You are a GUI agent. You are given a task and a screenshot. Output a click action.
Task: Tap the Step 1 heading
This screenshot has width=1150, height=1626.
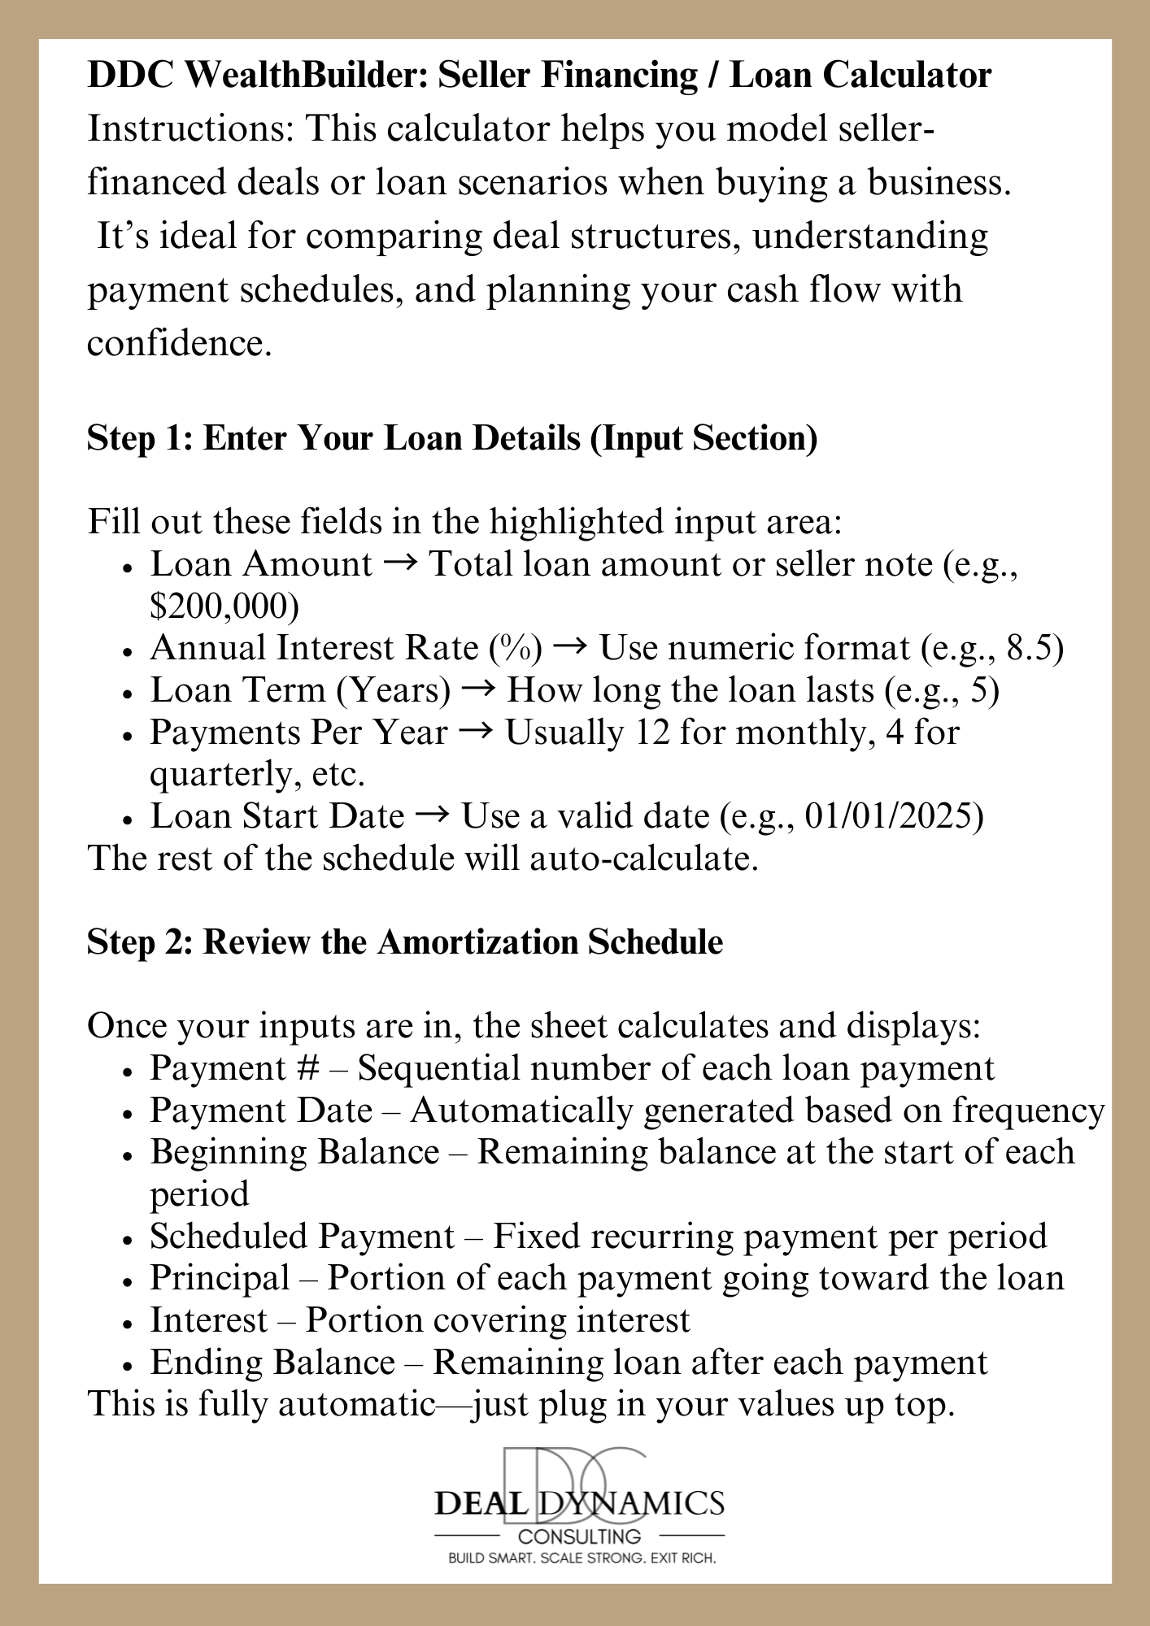coord(452,437)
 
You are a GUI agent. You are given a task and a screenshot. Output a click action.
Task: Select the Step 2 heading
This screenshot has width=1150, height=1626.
coord(404,941)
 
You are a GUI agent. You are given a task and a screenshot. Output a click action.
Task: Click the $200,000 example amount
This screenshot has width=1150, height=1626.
coord(224,606)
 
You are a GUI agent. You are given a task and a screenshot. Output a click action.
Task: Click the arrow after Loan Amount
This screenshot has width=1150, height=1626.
coord(400,563)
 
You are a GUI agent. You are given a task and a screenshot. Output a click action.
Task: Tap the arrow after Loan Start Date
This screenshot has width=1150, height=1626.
coord(432,816)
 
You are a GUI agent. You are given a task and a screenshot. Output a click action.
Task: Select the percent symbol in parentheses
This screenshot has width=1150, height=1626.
coord(515,648)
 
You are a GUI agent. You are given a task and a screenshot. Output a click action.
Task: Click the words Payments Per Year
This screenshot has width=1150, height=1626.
coord(298,732)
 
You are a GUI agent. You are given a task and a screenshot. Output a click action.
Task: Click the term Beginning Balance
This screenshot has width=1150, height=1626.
coord(294,1152)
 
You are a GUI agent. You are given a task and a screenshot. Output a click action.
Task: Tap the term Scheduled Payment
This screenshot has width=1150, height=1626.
coord(302,1237)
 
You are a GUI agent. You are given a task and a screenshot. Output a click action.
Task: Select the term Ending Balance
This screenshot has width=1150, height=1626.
coord(272,1363)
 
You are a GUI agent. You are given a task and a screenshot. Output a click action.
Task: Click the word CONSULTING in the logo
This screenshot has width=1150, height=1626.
coord(579,1537)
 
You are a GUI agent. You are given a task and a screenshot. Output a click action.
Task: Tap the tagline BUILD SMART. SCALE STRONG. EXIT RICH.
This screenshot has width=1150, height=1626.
coord(582,1559)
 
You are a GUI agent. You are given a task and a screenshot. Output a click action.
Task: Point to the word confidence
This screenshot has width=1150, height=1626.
coord(176,343)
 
